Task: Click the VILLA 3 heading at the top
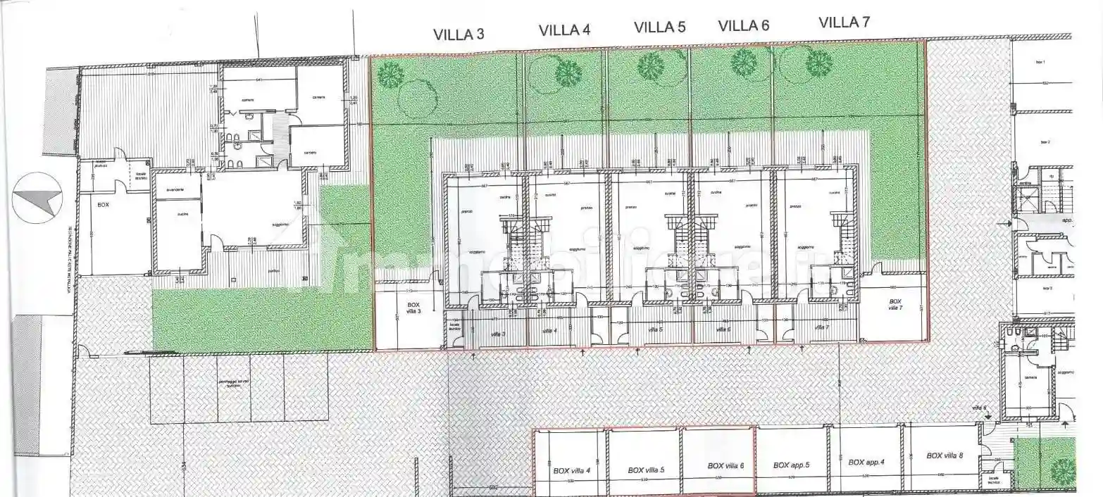458,34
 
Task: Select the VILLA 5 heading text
659,27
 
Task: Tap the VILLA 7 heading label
844,22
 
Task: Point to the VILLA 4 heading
564,30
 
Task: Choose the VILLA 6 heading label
743,26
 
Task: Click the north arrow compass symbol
37,198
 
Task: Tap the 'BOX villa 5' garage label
646,470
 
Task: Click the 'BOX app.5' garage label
792,465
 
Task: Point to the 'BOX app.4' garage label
866,463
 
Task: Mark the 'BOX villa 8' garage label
945,456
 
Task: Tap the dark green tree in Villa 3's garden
390,74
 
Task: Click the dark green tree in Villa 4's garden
568,73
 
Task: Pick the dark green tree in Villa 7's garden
818,64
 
